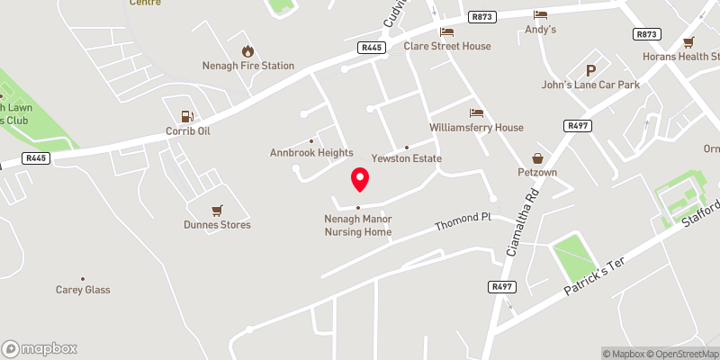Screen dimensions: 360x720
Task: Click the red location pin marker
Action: pos(360,178)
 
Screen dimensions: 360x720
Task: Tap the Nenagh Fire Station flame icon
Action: pos(247,51)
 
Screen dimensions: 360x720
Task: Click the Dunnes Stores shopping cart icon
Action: pos(216,211)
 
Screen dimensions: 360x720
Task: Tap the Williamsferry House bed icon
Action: pos(476,113)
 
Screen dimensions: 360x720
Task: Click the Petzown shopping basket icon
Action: pos(538,157)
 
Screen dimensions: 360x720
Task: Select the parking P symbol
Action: pos(591,71)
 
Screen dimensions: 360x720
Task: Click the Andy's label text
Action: pos(541,29)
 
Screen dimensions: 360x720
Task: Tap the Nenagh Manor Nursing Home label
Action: pos(358,225)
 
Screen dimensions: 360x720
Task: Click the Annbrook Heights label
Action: pos(311,153)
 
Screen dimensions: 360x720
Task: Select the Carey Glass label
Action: pos(83,290)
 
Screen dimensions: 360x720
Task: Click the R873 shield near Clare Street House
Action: pos(481,16)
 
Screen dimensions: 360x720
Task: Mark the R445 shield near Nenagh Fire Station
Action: pos(369,47)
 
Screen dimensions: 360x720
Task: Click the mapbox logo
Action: pos(40,348)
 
